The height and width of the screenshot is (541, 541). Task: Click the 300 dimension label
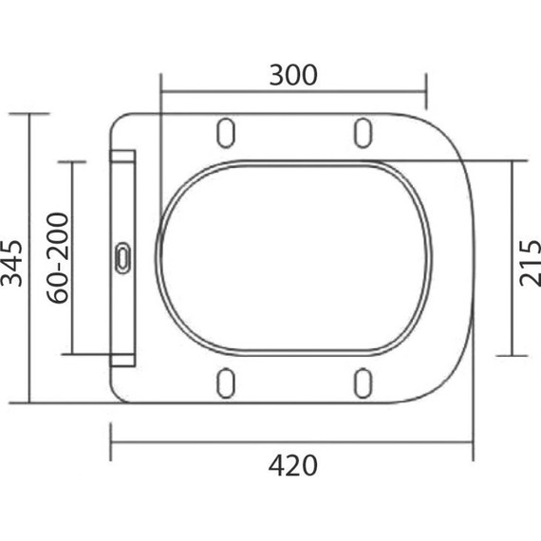(x=292, y=75)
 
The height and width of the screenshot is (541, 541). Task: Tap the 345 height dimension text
(x=12, y=258)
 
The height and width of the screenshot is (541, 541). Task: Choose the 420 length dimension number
(x=292, y=466)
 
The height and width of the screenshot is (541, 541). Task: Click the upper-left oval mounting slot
(x=227, y=133)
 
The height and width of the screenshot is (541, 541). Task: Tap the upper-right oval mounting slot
(x=363, y=133)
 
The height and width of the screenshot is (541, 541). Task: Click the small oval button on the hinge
(x=123, y=257)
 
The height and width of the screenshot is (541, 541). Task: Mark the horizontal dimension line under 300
(x=292, y=94)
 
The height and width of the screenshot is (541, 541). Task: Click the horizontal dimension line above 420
(x=292, y=441)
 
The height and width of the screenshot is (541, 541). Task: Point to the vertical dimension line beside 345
(x=32, y=258)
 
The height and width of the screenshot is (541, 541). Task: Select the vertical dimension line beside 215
(x=513, y=258)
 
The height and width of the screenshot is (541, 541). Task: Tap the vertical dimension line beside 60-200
(x=73, y=258)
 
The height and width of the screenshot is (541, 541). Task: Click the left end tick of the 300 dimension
(x=161, y=94)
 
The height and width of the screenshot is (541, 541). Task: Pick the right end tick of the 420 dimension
(x=472, y=441)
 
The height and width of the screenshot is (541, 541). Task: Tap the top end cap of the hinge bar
(x=123, y=155)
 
